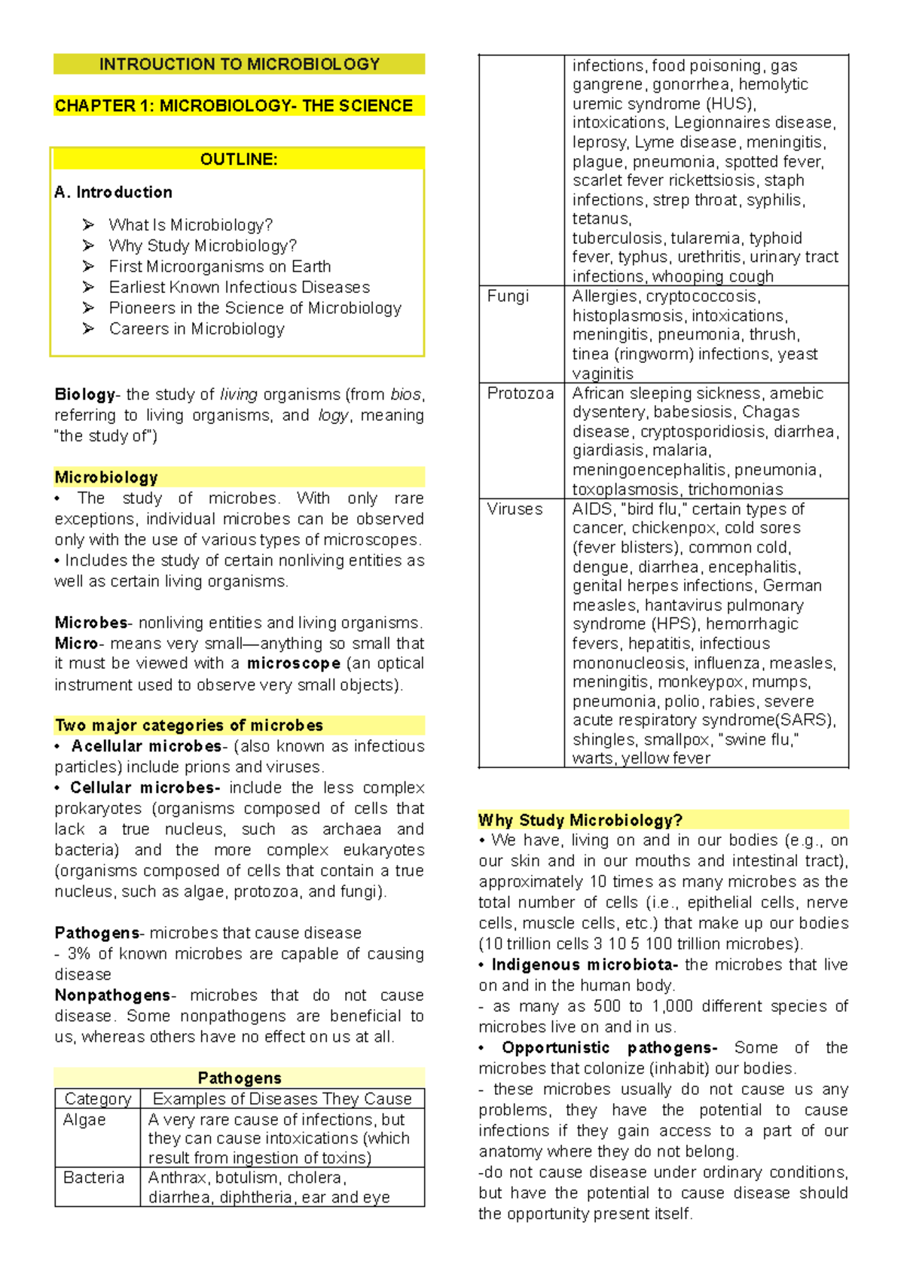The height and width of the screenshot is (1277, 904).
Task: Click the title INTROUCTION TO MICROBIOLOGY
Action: coord(239,64)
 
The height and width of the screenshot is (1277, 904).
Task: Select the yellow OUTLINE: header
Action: coord(238,159)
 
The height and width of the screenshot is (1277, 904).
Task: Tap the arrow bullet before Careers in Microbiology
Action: coord(88,328)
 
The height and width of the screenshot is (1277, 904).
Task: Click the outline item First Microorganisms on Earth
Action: coord(219,267)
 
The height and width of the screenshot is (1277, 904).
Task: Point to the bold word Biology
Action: coord(84,394)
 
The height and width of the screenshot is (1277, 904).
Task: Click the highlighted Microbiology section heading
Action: coord(106,477)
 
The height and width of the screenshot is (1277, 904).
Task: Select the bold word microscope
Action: coord(294,663)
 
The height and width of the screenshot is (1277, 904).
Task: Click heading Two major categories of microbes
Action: coord(189,725)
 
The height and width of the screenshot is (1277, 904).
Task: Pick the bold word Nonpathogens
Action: coord(112,995)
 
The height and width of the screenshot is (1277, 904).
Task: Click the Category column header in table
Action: coord(98,1099)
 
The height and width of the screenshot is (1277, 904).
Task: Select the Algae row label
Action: coord(84,1120)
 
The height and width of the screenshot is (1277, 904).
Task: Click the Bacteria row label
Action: coord(93,1178)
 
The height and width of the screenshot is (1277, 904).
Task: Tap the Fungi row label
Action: coord(508,296)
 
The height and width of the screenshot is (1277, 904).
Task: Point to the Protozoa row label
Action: coord(520,393)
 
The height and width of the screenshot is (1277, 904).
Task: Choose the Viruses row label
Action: coord(515,509)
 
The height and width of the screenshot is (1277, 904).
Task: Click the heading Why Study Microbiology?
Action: coord(580,820)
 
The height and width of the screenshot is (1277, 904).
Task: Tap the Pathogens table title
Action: coord(239,1077)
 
